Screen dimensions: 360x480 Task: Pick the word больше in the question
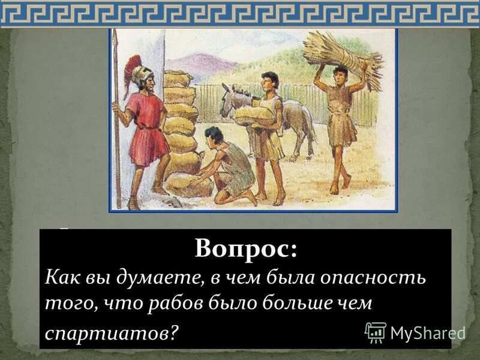(x=289, y=303)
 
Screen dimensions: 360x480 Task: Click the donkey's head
(x=229, y=100)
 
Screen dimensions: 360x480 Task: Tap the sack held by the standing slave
(x=254, y=115)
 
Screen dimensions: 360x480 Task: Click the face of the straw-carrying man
(x=340, y=76)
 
